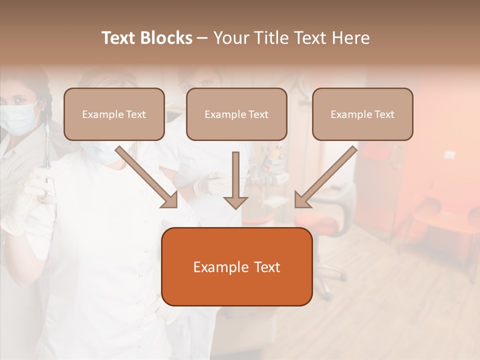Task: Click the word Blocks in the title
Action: (166, 38)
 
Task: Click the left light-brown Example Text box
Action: (114, 114)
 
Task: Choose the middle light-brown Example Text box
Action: (236, 114)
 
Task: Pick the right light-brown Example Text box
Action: (362, 114)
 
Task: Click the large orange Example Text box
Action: (236, 267)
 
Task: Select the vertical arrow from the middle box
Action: (235, 180)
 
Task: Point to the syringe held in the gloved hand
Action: (46, 150)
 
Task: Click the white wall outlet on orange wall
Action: (449, 155)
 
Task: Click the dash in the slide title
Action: (202, 38)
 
